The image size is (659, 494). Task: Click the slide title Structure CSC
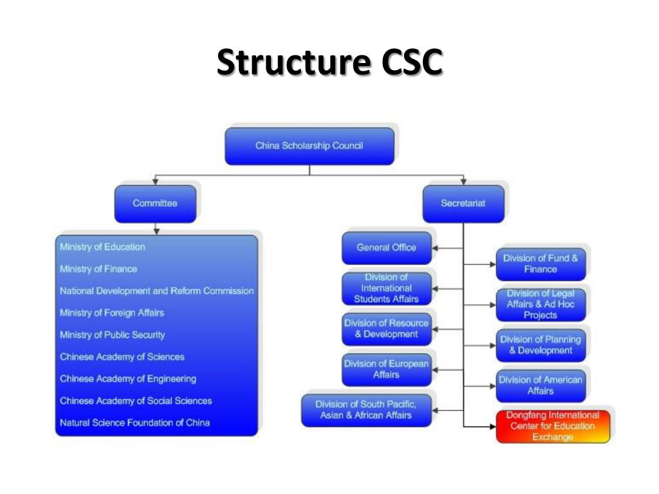point(329,62)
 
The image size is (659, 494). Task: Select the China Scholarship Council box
point(309,146)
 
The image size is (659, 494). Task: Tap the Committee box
point(154,203)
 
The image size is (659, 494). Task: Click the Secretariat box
point(463,203)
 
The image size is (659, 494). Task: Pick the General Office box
point(386,248)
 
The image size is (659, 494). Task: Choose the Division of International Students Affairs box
point(386,288)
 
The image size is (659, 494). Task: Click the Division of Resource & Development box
point(386,329)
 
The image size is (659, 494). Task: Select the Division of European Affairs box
point(386,369)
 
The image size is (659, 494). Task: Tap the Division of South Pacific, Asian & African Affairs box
point(366,410)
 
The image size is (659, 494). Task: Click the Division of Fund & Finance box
point(541,264)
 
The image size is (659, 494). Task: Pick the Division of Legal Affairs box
point(541,304)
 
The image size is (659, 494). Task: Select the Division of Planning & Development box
point(541,345)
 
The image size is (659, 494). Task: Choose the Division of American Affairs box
point(541,385)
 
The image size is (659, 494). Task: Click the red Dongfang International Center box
point(552,426)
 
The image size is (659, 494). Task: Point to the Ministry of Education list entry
point(102,247)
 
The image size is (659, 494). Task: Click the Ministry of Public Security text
point(112,335)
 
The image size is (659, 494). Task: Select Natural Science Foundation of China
point(135,423)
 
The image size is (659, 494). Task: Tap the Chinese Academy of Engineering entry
point(128,379)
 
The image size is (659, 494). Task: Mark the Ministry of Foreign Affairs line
point(111,313)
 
